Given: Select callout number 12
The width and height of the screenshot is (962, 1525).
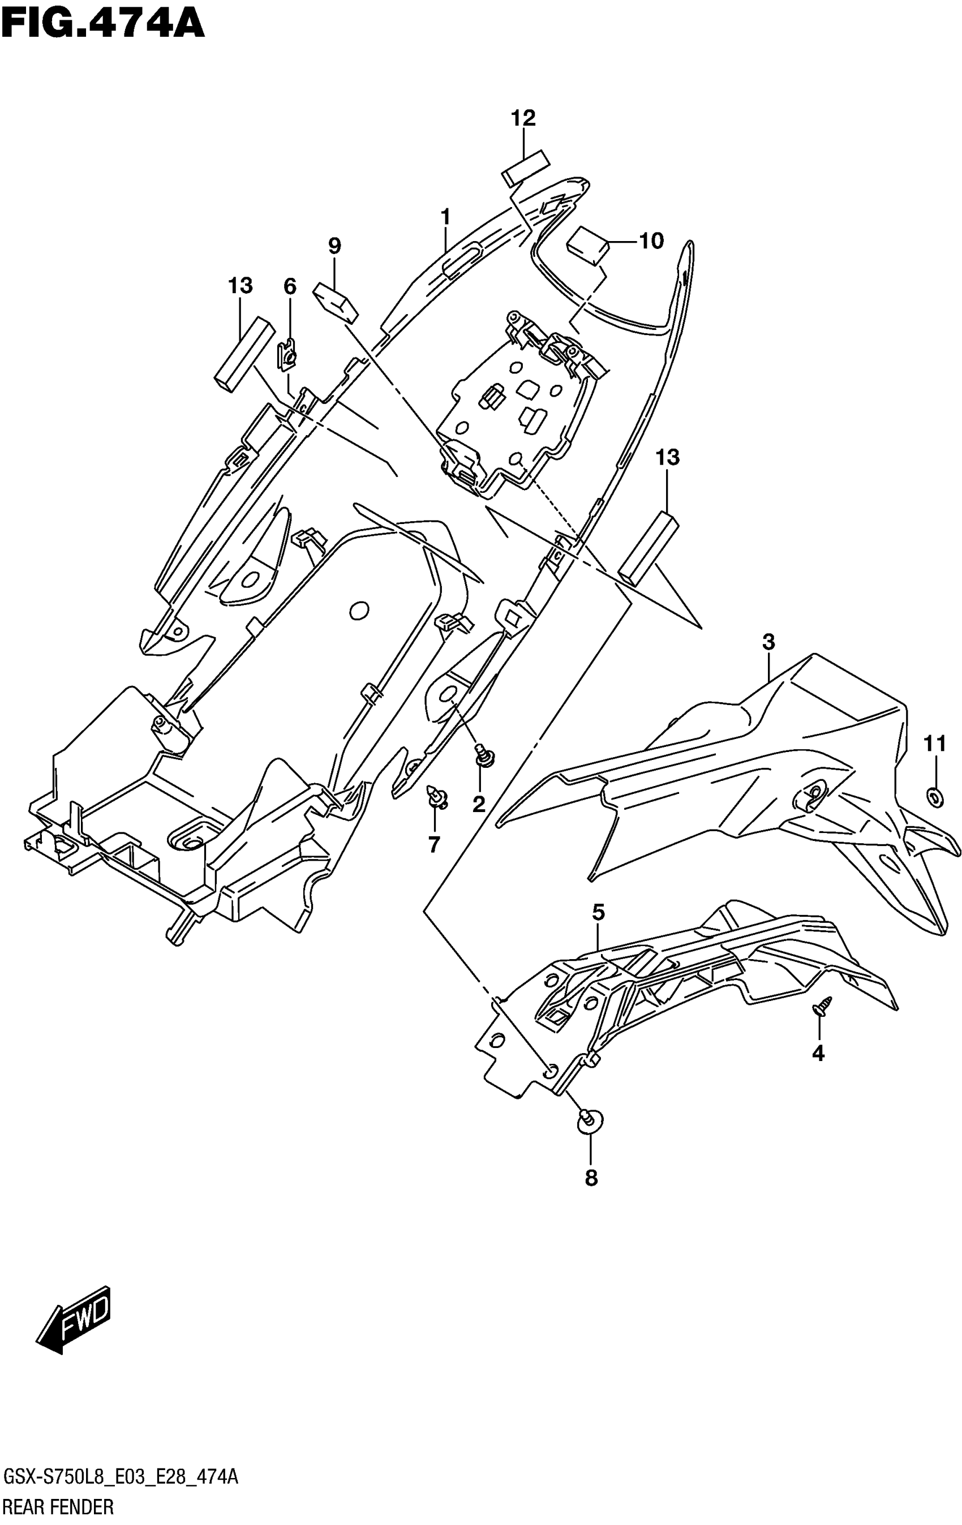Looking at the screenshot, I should [523, 118].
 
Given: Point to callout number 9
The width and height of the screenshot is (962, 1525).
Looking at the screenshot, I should [334, 246].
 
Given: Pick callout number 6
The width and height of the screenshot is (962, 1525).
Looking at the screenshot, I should [289, 286].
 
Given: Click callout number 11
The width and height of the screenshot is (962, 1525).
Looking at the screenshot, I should [935, 744].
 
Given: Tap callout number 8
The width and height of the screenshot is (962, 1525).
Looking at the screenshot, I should [591, 1178].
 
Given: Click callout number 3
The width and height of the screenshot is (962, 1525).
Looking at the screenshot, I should [768, 642].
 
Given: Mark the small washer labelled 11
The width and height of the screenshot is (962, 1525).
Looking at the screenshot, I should [935, 797].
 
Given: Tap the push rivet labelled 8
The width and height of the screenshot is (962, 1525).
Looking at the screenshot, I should [590, 1121].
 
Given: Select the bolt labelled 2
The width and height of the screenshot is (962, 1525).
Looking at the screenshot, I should [485, 755].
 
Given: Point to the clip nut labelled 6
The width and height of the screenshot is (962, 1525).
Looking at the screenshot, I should [287, 356].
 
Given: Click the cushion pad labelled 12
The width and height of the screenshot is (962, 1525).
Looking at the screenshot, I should [525, 168].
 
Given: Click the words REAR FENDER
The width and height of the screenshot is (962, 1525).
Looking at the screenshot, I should [59, 1507].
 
